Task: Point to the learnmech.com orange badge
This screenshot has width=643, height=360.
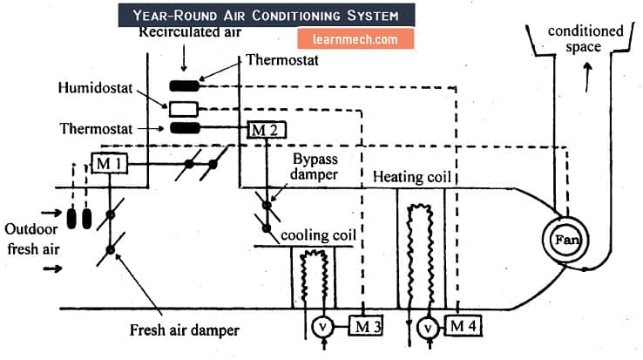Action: [x=348, y=39]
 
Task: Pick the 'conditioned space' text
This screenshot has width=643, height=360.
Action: [x=585, y=39]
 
